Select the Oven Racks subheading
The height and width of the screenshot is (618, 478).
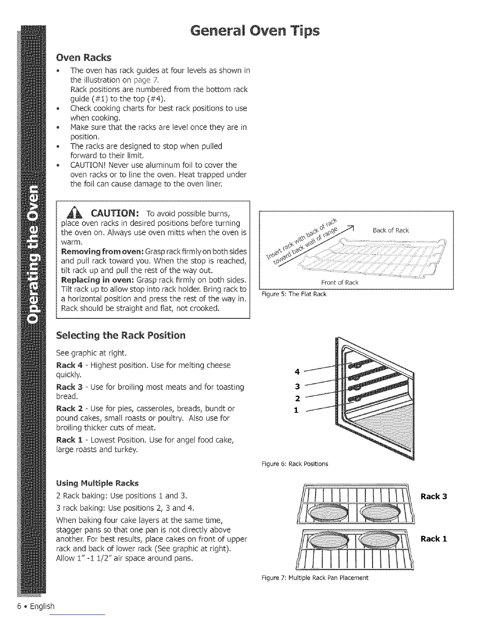(x=84, y=58)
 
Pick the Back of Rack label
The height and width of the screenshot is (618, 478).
(x=391, y=230)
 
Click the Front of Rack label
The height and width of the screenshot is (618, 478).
(x=339, y=282)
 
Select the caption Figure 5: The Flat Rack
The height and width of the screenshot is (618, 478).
(x=293, y=294)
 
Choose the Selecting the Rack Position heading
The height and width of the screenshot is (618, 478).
(x=121, y=336)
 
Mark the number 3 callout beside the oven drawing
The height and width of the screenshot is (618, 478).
(x=298, y=387)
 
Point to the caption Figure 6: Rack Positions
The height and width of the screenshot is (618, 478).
(x=295, y=464)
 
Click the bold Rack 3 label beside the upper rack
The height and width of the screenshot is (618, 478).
(x=433, y=497)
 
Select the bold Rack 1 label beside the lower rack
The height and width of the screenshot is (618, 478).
(x=433, y=539)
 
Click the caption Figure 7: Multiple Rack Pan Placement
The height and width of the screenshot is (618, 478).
(x=315, y=577)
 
